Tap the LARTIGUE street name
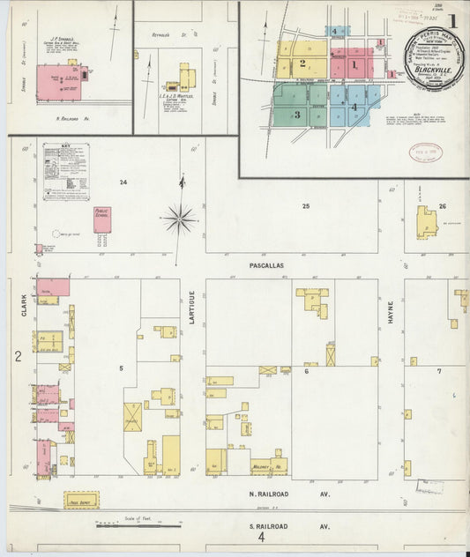pyautogui.click(x=190, y=313)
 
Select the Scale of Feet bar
pyautogui.click(x=120, y=524)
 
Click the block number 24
pyautogui.click(x=124, y=182)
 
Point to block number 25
pyautogui.click(x=305, y=206)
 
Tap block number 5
pyautogui.click(x=122, y=364)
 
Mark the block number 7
pyautogui.click(x=438, y=371)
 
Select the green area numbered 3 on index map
pyautogui.click(x=297, y=115)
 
